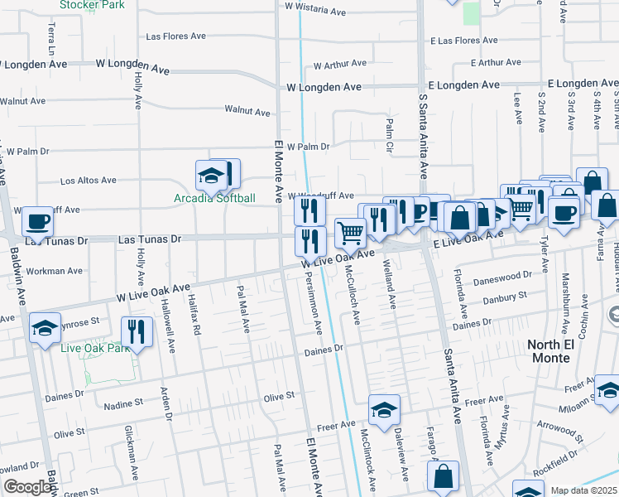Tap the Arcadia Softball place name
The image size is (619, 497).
click(x=214, y=198)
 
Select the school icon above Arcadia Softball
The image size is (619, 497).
click(x=211, y=175)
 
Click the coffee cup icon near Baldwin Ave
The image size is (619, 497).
click(x=37, y=221)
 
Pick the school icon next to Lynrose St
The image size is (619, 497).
click(x=45, y=328)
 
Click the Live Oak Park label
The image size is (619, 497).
click(x=96, y=348)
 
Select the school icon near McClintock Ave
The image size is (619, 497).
click(x=383, y=410)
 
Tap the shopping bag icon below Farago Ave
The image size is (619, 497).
click(x=443, y=476)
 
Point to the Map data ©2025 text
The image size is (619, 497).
click(x=583, y=490)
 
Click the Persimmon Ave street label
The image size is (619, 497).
click(x=316, y=306)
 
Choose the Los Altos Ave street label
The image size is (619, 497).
click(x=89, y=181)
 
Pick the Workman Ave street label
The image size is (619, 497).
click(x=55, y=271)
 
